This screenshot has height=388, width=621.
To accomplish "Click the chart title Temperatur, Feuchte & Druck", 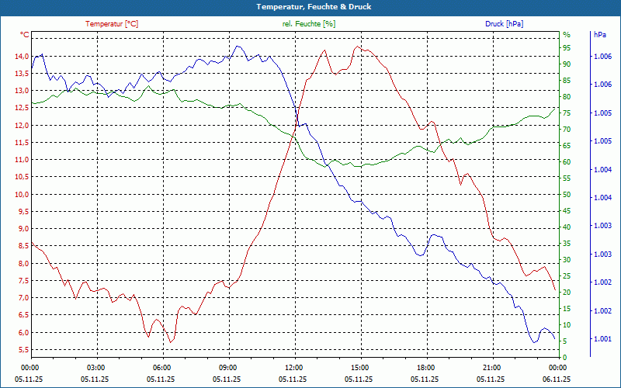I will pos(310,7).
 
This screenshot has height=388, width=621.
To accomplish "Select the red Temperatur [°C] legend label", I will pos(112,24).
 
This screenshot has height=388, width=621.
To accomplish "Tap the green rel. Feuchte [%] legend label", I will pos(309,24).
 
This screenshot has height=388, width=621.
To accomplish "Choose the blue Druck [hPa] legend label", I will pos(504,24).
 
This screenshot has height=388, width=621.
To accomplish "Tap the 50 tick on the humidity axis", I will pos(567,195).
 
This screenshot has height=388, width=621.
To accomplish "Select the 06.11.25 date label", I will pos(557,379).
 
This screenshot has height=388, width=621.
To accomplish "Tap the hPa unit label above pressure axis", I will pos(599,35).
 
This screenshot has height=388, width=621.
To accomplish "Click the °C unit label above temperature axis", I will pos(25,35).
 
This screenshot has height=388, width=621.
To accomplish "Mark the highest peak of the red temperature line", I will pos(357,47).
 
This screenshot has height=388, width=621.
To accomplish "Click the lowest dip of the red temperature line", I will pos(171,342).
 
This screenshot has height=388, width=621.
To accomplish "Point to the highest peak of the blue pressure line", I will pos(236,46).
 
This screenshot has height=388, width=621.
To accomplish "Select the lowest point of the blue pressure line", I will pos(533,342).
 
